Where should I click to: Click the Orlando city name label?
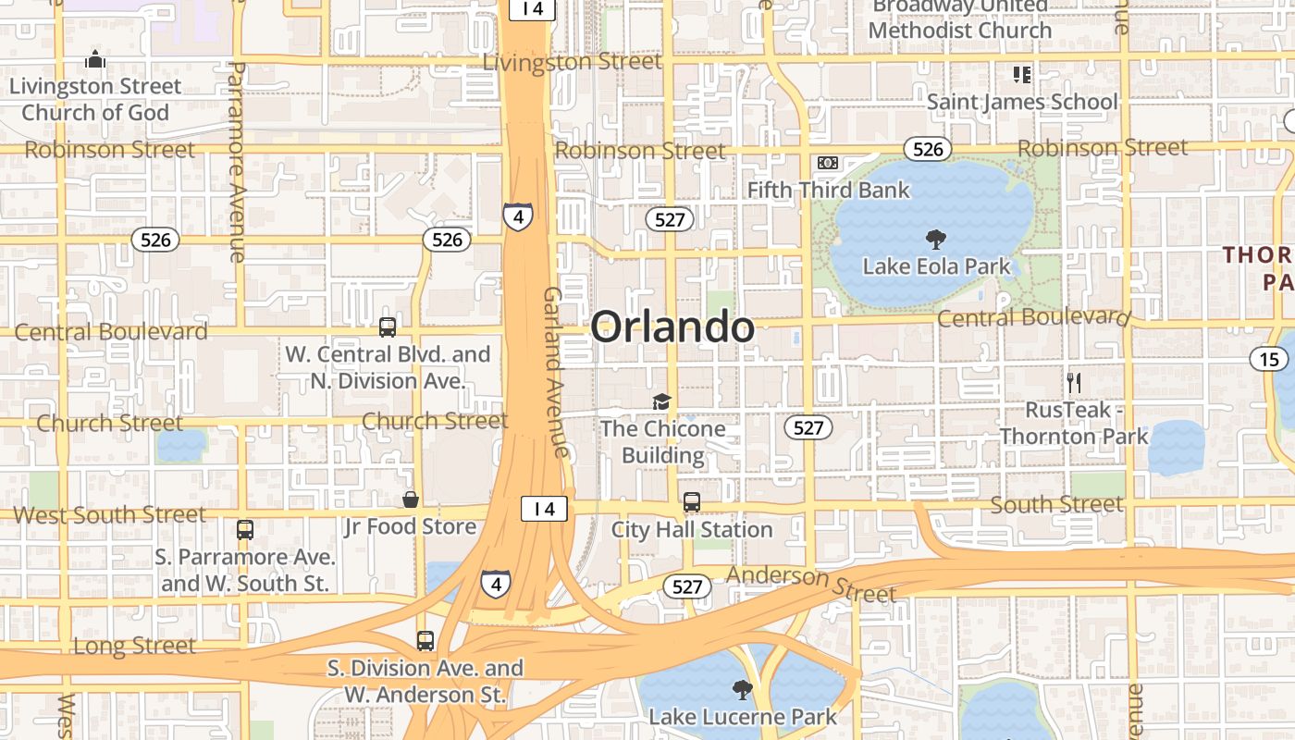672,327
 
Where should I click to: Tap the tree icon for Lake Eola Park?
936,240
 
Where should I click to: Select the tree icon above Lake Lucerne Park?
742,689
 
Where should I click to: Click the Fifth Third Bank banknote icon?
828,163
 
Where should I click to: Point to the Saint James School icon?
1022,74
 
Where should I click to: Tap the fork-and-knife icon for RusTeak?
1074,381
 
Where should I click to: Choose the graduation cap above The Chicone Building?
661,401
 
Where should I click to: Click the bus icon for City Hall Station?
692,502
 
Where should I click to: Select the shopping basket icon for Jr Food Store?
411,500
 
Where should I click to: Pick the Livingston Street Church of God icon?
95,60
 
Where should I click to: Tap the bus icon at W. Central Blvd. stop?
388,327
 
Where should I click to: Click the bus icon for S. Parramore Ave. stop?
245,530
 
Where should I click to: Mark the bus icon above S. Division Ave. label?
425,640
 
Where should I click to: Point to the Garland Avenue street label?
554,372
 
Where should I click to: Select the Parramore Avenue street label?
236,162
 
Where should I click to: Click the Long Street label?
134,646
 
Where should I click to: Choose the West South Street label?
109,514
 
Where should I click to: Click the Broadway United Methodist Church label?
960,18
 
